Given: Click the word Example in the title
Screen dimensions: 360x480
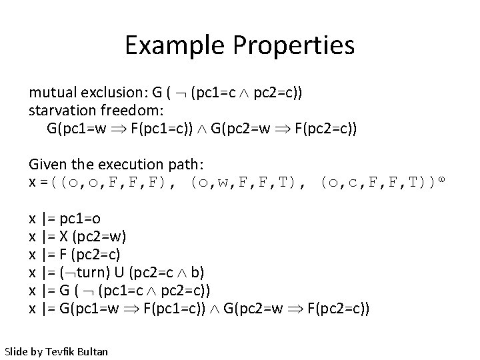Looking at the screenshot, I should [x=167, y=46].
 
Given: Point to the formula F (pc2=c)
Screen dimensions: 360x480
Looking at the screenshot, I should [x=93, y=254].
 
